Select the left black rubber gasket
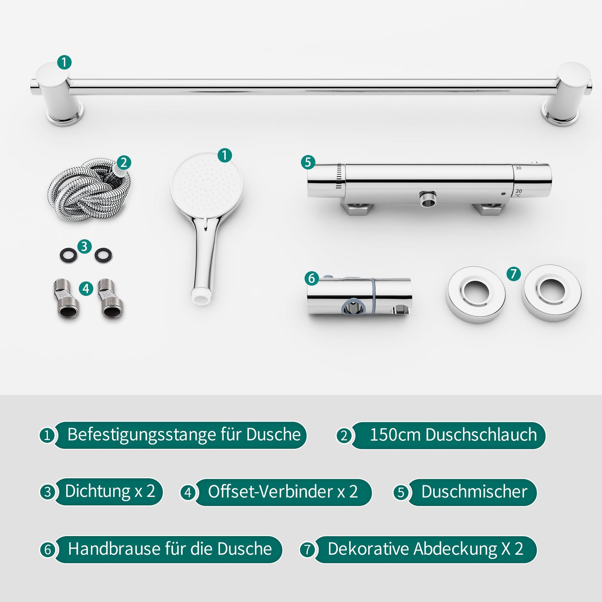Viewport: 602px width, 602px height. point(69,255)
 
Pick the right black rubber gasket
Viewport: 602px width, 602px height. point(103,255)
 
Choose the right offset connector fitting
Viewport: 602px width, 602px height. point(111,298)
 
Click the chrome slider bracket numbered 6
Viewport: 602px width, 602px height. point(359,297)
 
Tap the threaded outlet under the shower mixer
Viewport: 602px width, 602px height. point(428,199)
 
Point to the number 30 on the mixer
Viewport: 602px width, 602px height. point(518,168)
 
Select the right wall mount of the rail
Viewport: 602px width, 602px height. point(566,94)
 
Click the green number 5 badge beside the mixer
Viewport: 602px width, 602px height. point(308,162)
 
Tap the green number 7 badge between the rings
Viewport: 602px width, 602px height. point(514,274)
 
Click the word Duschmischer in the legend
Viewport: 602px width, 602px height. point(474,491)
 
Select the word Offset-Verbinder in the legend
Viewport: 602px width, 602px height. point(270,491)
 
